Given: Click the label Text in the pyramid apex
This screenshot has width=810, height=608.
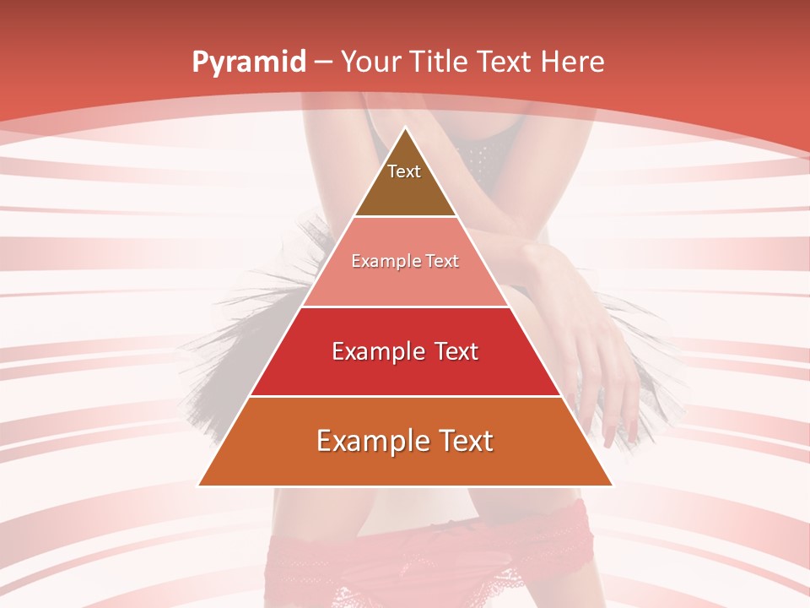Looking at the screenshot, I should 404,171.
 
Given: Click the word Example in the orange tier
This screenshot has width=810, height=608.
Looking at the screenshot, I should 367,442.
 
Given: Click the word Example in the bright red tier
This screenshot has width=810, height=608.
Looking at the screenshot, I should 375,351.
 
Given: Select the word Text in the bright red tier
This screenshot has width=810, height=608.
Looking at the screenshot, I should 456,351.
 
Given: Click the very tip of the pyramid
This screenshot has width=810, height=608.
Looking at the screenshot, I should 405,128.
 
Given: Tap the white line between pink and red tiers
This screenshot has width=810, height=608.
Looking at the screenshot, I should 405,307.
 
